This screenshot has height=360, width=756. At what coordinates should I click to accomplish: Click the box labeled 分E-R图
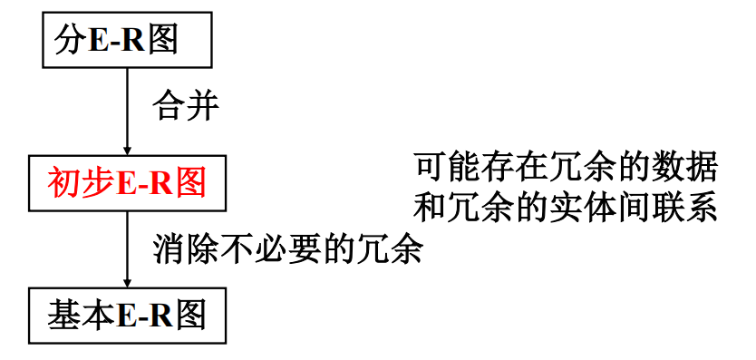[x=127, y=41]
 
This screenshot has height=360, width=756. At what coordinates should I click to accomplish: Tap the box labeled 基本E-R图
[x=127, y=315]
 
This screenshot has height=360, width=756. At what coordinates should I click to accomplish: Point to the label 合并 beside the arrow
[x=186, y=106]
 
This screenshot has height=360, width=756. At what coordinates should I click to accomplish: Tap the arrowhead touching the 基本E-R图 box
[x=127, y=283]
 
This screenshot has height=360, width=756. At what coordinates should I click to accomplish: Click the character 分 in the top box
[x=70, y=41]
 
